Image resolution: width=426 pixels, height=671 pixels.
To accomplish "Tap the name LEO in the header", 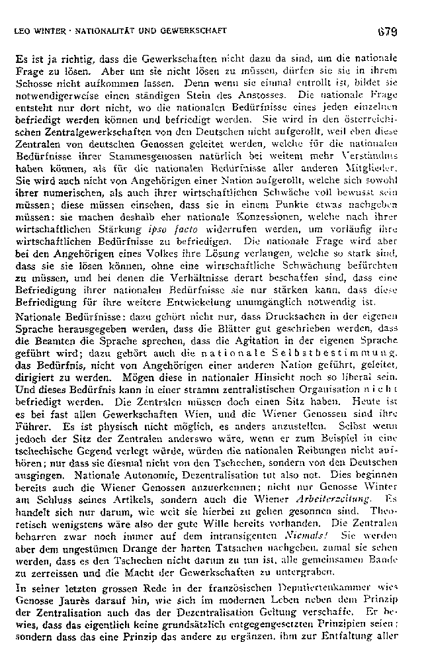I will click(x=23, y=31).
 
